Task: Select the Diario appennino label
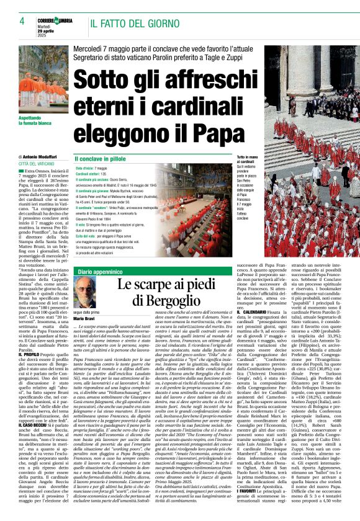click(x=99, y=254)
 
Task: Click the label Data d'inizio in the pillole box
click(x=84, y=169)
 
